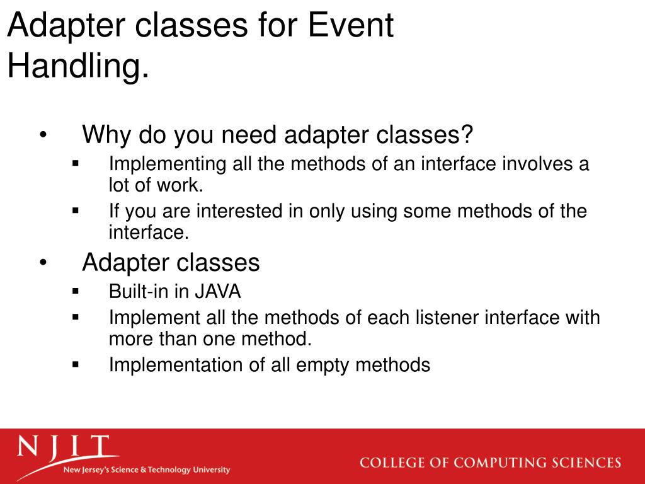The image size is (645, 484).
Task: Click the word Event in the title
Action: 351,25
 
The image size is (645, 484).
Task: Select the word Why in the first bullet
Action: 107,134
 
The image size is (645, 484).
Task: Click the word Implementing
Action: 168,164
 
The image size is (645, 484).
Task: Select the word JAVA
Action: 217,291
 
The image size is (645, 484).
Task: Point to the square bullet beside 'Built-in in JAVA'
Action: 76,291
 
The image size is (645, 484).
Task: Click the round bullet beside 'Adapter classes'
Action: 43,262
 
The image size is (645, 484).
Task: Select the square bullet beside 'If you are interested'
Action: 76,210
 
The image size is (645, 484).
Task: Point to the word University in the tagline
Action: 212,470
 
